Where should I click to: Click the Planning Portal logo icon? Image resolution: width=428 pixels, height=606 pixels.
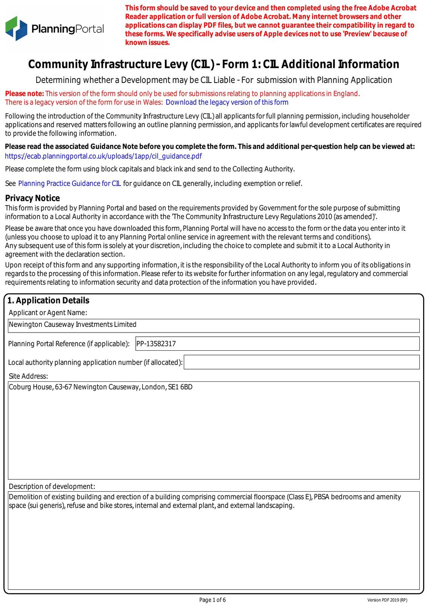[x=16, y=28]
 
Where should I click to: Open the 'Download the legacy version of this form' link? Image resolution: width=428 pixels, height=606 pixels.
[x=227, y=102]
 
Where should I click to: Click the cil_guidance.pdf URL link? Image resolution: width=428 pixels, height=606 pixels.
[x=103, y=156]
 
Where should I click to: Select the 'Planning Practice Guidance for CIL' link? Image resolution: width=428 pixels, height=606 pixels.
[x=70, y=184]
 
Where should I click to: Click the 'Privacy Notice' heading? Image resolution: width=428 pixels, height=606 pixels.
[x=33, y=198]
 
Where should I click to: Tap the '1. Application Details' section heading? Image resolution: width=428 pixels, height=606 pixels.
[x=48, y=300]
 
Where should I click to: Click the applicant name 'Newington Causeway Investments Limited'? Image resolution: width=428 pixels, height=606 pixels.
[x=73, y=325]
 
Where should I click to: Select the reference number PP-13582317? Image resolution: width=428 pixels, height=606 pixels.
[x=156, y=344]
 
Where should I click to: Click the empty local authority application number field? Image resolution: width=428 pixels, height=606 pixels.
[x=301, y=362]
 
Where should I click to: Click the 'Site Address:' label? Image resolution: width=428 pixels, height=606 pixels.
[x=28, y=376]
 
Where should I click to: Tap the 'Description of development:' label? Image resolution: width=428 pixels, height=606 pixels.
[x=52, y=486]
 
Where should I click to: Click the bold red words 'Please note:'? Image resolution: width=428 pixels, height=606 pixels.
[x=25, y=94]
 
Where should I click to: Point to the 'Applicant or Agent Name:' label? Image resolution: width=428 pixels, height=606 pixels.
[x=48, y=312]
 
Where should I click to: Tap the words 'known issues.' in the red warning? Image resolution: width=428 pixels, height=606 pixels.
[x=147, y=42]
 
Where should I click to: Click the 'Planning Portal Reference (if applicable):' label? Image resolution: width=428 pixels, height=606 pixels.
[x=69, y=344]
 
